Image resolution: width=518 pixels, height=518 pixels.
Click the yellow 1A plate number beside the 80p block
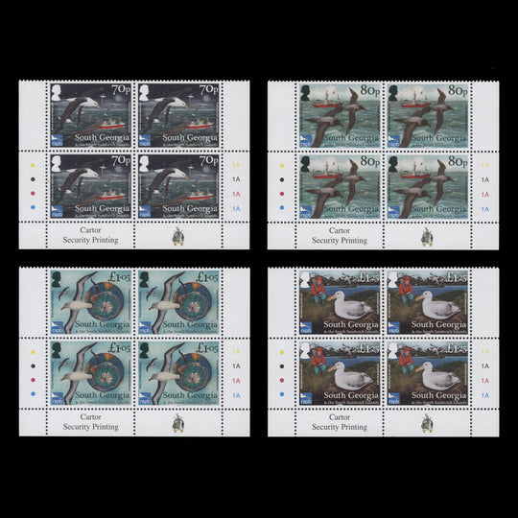tap(484, 165)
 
